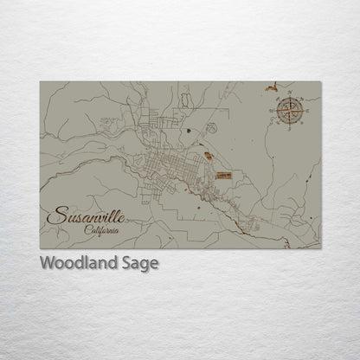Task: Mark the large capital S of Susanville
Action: point(54,215)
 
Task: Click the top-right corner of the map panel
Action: point(320,81)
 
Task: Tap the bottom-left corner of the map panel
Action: point(40,248)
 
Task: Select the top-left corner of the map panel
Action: point(40,81)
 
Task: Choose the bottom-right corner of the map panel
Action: point(320,248)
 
